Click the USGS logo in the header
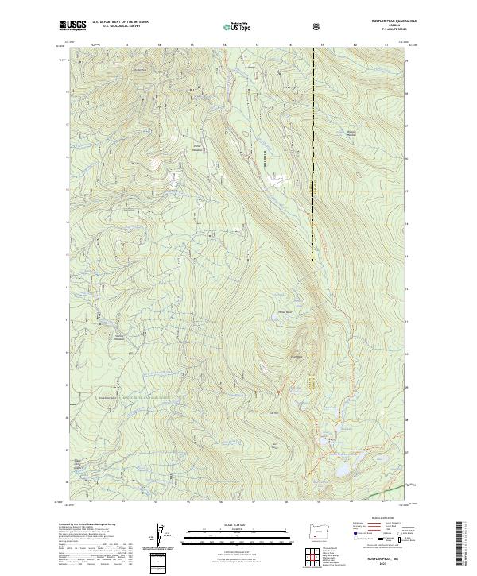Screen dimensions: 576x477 tap(73, 25)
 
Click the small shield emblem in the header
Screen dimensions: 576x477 tap(317, 26)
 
